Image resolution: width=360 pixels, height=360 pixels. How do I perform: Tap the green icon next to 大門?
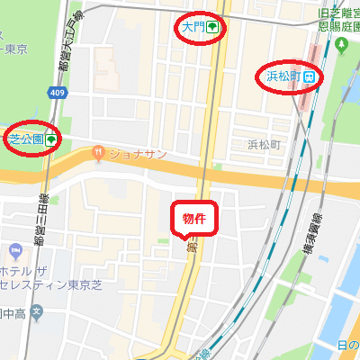(212, 28)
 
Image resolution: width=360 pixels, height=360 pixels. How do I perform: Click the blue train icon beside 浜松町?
(309, 76)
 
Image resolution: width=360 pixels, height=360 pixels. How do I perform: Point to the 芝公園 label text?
(24, 139)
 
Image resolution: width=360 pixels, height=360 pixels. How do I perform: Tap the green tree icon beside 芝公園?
(51, 139)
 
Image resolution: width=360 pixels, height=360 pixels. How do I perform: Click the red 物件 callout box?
(193, 219)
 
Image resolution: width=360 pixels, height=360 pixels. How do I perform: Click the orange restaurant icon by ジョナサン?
(97, 154)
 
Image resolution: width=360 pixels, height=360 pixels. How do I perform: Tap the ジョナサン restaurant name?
(137, 154)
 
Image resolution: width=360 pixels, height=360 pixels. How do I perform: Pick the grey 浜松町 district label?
(266, 144)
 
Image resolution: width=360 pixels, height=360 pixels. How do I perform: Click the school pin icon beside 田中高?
(36, 313)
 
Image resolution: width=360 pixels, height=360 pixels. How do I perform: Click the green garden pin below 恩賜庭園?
(339, 49)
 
